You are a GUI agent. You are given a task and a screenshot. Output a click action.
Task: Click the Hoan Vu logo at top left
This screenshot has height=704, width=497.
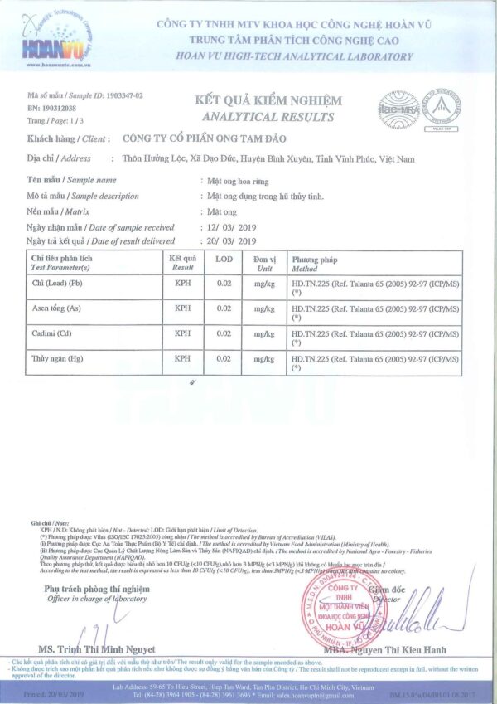tap(56, 36)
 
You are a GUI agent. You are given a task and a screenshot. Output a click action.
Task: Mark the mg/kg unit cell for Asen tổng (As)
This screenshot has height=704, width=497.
tap(264, 309)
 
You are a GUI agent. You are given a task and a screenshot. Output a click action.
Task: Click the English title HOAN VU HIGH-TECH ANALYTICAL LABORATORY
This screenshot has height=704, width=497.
tap(294, 56)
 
